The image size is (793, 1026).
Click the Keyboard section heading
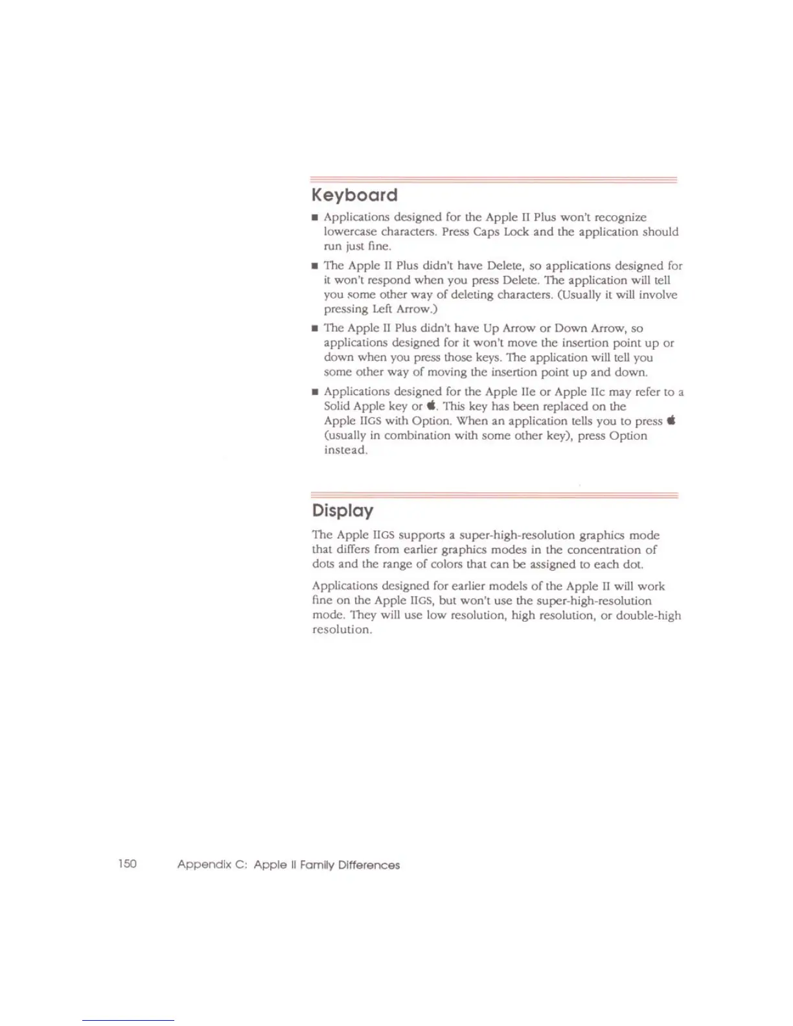(354, 195)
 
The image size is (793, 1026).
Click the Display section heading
(342, 510)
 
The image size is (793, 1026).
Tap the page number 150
(128, 863)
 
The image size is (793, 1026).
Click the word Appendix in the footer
(204, 865)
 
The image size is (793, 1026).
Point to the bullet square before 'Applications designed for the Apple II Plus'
(315, 218)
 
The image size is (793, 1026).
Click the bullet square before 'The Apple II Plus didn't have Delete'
(315, 266)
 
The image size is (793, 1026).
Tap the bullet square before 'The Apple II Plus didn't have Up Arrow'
(315, 328)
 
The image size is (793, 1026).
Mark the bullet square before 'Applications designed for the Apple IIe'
(315, 392)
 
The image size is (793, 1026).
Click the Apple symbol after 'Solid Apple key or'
(431, 407)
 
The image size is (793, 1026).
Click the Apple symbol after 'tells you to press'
(671, 421)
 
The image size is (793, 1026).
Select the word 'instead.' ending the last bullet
(346, 450)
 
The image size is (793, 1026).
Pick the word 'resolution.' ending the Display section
(342, 630)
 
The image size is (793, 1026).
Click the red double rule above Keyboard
(494, 179)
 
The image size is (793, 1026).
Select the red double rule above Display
(494, 496)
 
